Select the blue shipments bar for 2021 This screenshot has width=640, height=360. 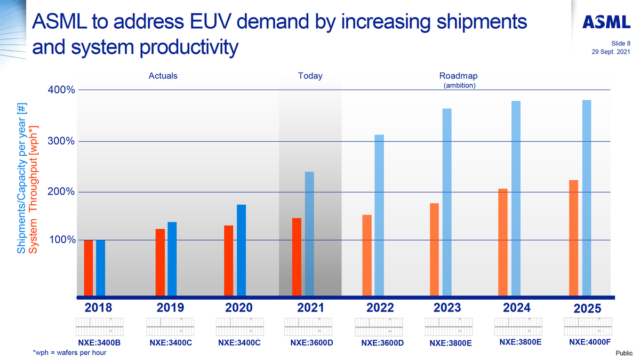click(x=309, y=234)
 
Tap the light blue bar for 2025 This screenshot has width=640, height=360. click(x=587, y=197)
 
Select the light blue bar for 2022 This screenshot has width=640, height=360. click(x=379, y=215)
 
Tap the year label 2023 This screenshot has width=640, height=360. click(x=447, y=308)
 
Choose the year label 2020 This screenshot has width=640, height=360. click(x=238, y=308)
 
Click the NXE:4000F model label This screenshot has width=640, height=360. click(x=589, y=342)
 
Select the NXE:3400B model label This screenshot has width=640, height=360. click(x=100, y=342)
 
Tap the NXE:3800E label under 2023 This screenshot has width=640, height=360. click(x=451, y=343)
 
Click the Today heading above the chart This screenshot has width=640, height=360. click(x=310, y=76)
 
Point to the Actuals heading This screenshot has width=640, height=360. click(x=163, y=76)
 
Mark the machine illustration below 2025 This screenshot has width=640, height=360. click(x=588, y=325)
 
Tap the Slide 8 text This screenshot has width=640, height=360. click(x=621, y=43)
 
